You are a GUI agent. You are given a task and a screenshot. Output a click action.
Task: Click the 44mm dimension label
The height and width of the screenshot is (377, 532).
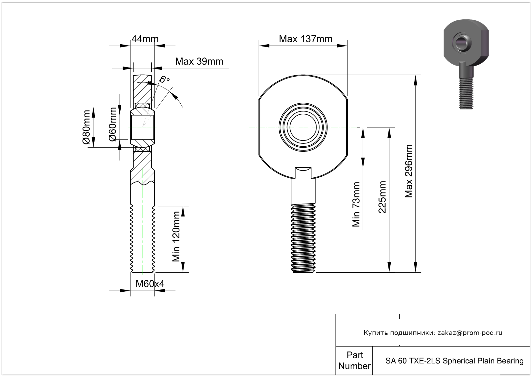[x=145, y=39]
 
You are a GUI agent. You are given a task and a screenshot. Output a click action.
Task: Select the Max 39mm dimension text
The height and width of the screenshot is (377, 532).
[x=199, y=61]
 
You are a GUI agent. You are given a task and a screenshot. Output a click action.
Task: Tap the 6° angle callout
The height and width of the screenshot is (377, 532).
[x=165, y=79]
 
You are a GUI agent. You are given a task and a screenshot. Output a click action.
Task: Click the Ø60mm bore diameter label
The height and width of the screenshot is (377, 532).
[x=113, y=125]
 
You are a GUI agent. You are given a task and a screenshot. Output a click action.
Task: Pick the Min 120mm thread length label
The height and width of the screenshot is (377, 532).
[x=176, y=236]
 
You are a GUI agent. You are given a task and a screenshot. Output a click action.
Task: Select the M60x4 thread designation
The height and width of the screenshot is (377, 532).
[x=150, y=284]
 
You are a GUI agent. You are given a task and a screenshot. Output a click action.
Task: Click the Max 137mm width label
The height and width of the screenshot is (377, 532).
[x=306, y=39]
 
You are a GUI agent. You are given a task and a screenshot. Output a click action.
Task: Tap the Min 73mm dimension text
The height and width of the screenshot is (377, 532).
[x=356, y=204]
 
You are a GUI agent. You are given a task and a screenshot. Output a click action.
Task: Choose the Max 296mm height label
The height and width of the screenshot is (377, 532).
[x=409, y=171]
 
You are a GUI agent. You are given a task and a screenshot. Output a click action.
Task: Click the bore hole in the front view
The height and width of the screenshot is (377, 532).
[x=303, y=127]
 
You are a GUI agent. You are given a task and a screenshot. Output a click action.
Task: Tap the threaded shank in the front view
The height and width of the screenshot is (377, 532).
[x=304, y=237]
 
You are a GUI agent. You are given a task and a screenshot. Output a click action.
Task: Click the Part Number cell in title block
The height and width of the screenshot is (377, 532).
[x=354, y=361]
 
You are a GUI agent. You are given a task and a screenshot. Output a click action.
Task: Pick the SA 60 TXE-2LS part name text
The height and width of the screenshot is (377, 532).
[x=454, y=361]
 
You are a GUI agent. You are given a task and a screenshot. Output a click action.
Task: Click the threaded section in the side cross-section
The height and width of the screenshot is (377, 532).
[x=142, y=239]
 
